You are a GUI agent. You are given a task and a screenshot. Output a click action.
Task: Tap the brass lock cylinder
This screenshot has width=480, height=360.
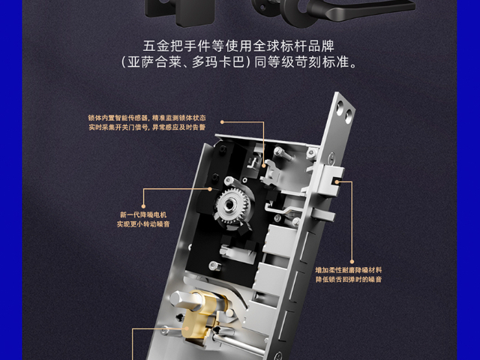point(200,315)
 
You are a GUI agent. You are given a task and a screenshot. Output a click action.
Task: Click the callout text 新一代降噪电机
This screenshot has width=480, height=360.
point(143,215)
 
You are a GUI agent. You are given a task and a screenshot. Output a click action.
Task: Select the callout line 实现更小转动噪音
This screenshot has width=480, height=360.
point(143,224)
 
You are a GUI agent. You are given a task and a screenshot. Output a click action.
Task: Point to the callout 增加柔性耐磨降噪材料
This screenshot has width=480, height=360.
point(349,270)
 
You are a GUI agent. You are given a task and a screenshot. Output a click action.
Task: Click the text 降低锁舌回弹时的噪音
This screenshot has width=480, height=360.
point(349,280)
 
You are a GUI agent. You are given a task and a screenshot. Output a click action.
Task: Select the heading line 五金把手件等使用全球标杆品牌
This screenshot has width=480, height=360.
point(238,46)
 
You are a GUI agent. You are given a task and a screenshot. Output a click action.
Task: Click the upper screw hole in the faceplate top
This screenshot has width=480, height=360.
point(340,109)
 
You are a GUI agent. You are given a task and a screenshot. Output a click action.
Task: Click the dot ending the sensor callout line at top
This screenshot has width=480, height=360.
point(222,122)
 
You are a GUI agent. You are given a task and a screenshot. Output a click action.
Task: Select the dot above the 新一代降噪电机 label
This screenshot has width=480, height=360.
point(143,207)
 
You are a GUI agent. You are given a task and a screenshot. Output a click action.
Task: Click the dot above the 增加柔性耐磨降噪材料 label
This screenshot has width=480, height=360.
point(352,262)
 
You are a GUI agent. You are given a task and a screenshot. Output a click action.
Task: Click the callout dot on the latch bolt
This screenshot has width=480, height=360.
point(337,181)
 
